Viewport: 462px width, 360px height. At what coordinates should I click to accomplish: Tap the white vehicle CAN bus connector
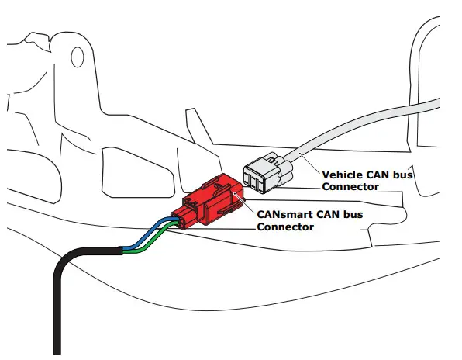[264, 173]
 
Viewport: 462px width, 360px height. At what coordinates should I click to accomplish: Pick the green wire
[151, 244]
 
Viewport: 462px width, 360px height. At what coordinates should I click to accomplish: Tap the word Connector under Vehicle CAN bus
[350, 187]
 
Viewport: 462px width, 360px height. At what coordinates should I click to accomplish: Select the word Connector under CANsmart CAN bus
[285, 227]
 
